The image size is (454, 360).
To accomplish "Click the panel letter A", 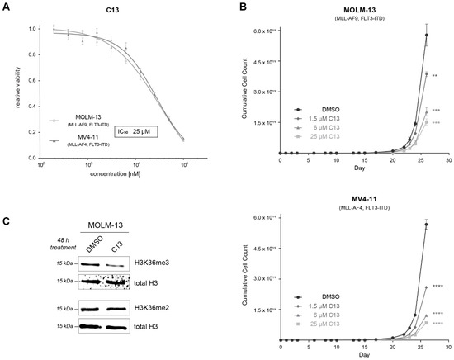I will pos(7,7).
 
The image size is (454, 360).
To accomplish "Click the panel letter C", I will pos(7,197).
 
